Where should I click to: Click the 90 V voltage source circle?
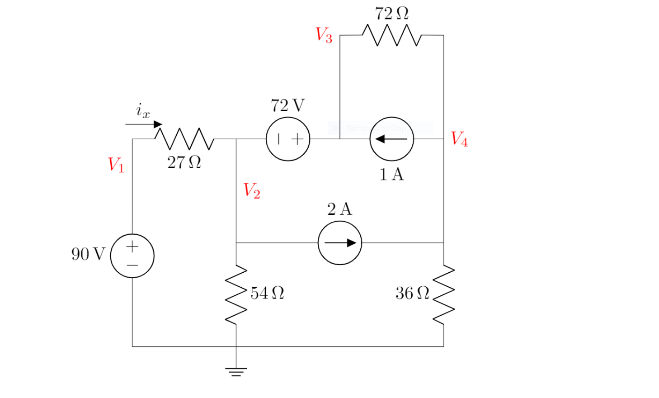tap(132, 256)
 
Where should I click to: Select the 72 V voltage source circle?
tap(288, 139)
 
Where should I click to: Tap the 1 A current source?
tap(391, 139)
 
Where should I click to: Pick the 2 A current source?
tap(339, 243)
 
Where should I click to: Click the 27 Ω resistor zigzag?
tap(184, 139)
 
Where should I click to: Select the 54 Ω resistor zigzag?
tap(236, 295)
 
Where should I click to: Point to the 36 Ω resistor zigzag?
tap(443, 295)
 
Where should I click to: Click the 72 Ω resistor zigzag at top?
tap(391, 35)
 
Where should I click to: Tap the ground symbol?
tap(236, 372)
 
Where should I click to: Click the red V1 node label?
tap(116, 165)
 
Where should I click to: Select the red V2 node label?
tap(252, 190)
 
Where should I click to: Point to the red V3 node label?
tap(324, 35)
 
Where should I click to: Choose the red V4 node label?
tap(459, 138)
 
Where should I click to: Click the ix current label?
tap(143, 110)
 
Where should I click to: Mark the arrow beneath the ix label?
tap(144, 124)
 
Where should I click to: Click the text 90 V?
tap(88, 254)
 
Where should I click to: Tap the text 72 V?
tap(288, 105)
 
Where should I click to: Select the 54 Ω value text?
tap(267, 293)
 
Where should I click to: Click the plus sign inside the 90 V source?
tap(132, 246)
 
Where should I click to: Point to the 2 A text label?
tap(339, 209)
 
